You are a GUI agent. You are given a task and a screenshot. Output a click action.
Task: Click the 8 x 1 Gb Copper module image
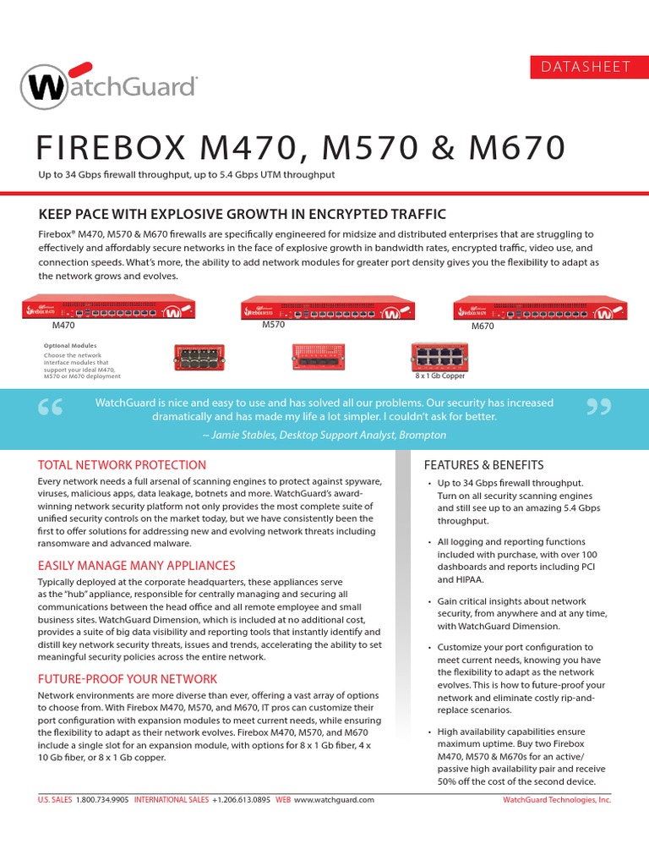(x=439, y=356)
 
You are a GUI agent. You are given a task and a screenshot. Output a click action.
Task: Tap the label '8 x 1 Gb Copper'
(x=440, y=375)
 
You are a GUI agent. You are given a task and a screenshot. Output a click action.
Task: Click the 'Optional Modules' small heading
(x=70, y=345)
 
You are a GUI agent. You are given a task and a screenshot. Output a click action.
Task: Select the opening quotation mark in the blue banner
(x=51, y=408)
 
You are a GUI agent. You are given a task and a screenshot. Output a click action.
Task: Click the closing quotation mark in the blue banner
(x=597, y=408)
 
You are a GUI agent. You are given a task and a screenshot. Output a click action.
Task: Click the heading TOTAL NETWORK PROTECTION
(x=122, y=465)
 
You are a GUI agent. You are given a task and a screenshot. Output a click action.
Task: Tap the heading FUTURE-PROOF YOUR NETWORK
(x=127, y=679)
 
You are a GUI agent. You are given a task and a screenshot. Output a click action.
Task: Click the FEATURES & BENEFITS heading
(x=483, y=465)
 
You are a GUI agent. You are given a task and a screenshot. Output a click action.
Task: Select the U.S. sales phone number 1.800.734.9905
(x=102, y=799)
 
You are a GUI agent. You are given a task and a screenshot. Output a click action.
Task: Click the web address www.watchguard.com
(x=334, y=799)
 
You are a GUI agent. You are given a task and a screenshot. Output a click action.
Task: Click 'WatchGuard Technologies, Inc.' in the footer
(x=556, y=799)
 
